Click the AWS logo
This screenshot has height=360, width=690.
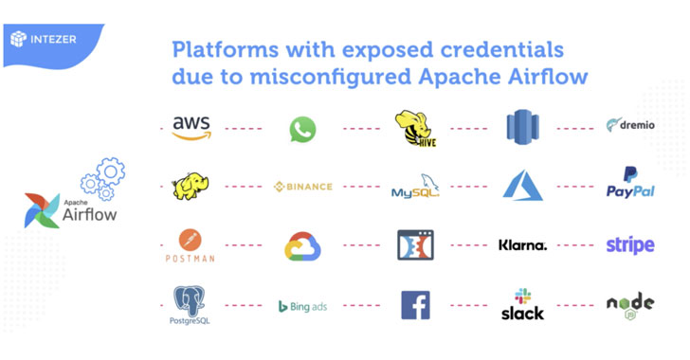tap(191, 128)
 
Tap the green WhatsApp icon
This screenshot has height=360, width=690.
tap(302, 129)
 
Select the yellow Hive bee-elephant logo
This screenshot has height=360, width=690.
tap(415, 129)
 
